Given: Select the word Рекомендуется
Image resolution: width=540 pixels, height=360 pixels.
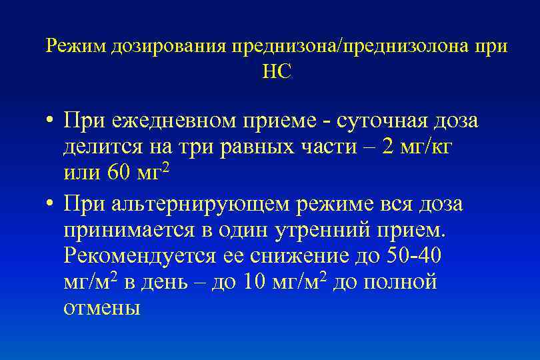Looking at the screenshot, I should tap(129, 255).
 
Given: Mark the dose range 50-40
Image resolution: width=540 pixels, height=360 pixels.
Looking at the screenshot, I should tap(412, 255).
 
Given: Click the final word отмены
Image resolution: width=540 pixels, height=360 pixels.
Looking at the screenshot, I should tap(102, 308).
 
